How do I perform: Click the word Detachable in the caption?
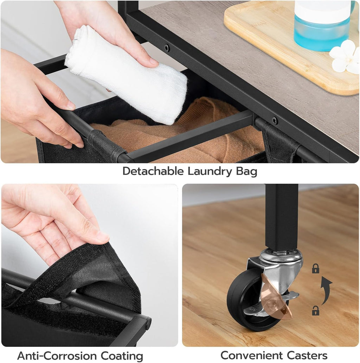(x=153, y=172)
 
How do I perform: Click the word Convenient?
(x=251, y=355)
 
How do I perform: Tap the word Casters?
(x=307, y=355)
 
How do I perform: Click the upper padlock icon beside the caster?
(x=316, y=268)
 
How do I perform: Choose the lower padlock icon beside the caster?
(x=316, y=311)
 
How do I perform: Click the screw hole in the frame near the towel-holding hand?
(x=167, y=48)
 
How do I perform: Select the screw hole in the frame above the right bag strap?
(x=275, y=120)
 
